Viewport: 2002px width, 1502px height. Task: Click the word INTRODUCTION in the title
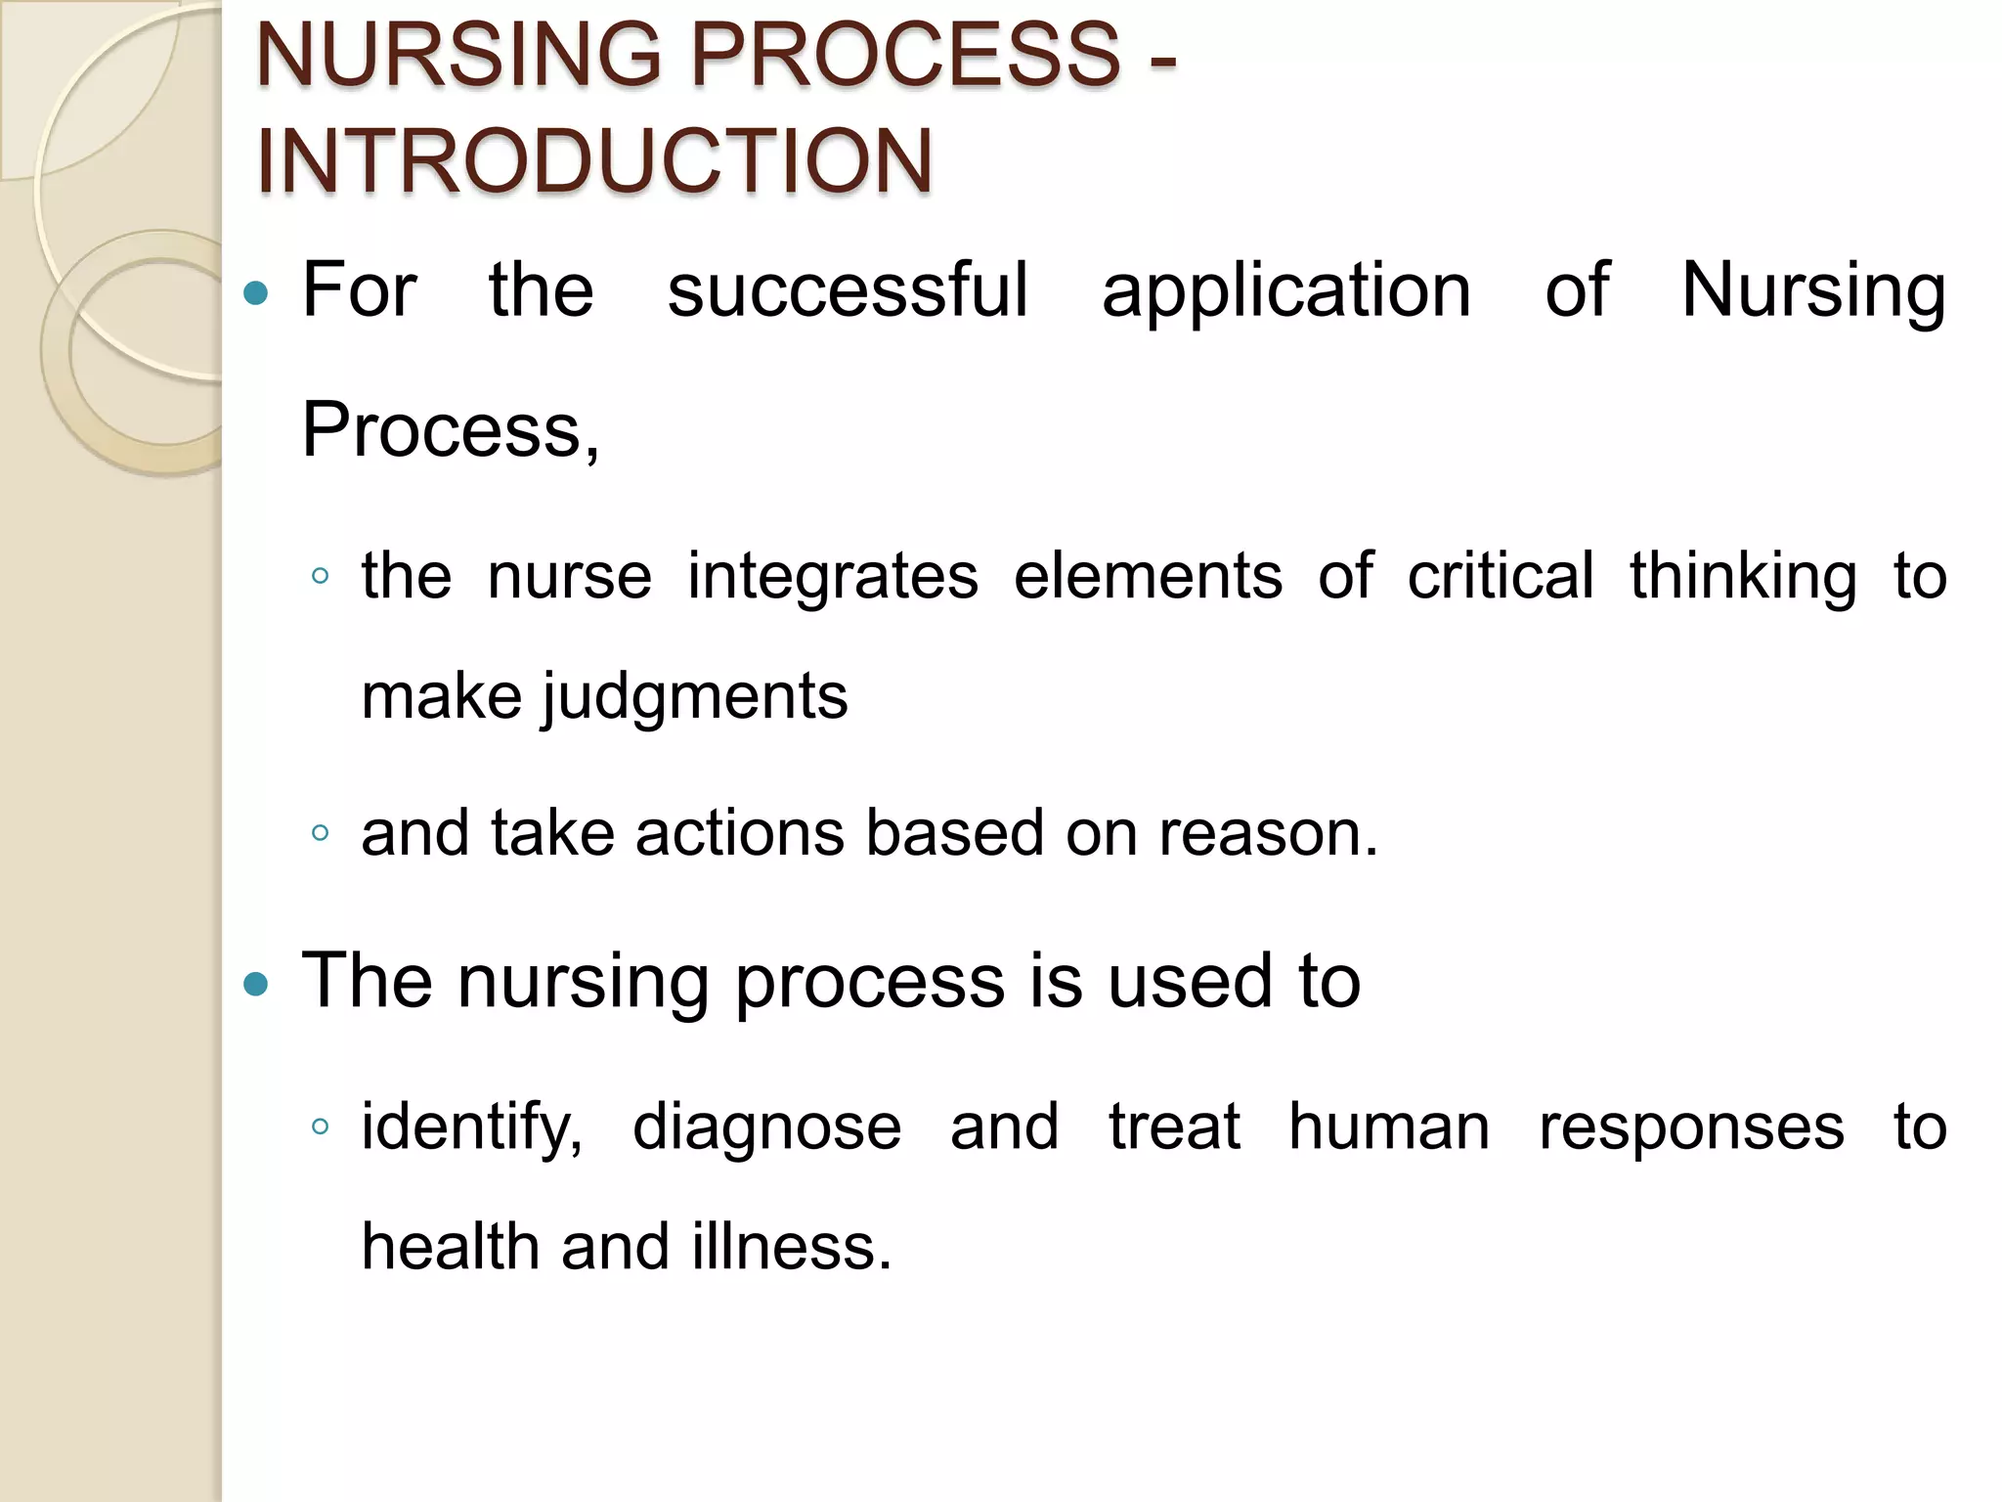click(x=594, y=160)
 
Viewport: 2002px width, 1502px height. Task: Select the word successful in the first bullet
click(x=847, y=290)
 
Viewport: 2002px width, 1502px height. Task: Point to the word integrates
click(x=832, y=577)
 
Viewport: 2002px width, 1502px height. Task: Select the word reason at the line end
click(x=1268, y=835)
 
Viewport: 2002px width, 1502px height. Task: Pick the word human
click(x=1389, y=1127)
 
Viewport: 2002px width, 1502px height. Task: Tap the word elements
click(x=1148, y=576)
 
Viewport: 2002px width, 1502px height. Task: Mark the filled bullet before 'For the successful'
click(x=255, y=292)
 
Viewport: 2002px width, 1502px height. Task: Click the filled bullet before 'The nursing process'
click(x=255, y=983)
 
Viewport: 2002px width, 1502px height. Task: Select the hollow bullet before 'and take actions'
click(x=320, y=833)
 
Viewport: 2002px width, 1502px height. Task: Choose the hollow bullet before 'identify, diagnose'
click(x=320, y=1126)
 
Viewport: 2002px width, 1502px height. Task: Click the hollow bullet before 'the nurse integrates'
click(x=320, y=576)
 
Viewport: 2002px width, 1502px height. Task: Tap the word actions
click(x=739, y=834)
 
